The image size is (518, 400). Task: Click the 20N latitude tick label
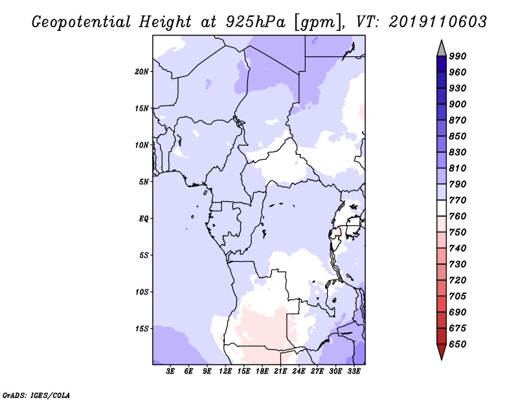(142, 72)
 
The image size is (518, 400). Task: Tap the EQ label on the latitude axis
(144, 219)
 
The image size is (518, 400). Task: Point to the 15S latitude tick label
(142, 329)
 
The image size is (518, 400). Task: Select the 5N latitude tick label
(144, 182)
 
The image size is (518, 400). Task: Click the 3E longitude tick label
(170, 371)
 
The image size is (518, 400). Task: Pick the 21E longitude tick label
(280, 371)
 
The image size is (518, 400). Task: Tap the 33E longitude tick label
(354, 371)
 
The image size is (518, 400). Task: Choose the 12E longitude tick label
(225, 371)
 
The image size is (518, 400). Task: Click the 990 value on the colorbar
(458, 56)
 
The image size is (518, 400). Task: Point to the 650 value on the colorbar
(458, 344)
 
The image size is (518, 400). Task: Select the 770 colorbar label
(458, 200)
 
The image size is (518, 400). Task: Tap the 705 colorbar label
(458, 296)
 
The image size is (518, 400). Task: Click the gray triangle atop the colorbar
(442, 50)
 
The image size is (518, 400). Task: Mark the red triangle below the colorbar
(442, 351)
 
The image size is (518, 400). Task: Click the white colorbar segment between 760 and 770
(442, 208)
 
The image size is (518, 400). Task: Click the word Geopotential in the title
(82, 22)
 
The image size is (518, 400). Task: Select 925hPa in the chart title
(256, 22)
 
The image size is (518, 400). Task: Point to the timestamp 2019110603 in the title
(438, 22)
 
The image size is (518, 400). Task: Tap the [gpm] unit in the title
(318, 23)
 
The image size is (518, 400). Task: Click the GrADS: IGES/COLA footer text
(36, 395)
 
